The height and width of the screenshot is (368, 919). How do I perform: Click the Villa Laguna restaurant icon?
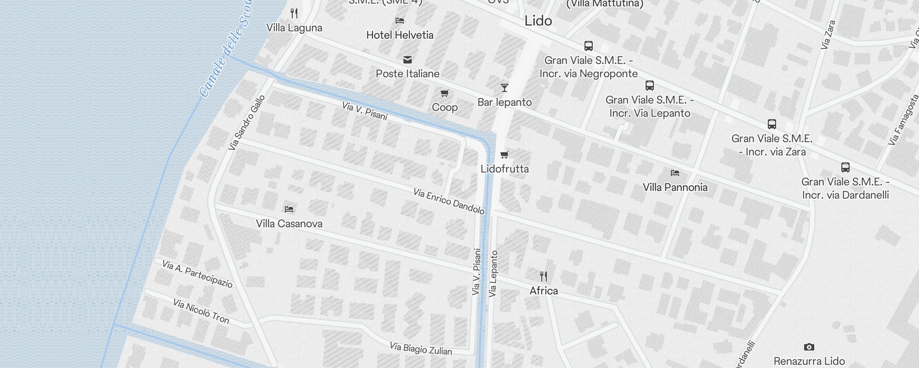pos(294,13)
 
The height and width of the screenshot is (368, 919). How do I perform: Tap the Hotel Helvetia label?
pos(400,35)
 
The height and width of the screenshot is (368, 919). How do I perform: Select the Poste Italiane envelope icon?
pos(407,60)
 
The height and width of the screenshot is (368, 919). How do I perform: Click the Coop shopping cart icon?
pos(444,93)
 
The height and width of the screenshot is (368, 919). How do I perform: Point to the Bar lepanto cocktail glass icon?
pos(505,87)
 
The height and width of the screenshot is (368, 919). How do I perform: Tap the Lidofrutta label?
pos(505,169)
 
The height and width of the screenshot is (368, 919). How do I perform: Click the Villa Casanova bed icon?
pos(289,209)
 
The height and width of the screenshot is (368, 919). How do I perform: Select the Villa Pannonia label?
pos(675,187)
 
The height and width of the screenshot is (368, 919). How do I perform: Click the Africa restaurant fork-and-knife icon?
pos(544,276)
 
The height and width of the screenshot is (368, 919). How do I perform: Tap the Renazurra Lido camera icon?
pos(809,347)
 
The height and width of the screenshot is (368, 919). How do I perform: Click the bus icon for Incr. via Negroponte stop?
pos(589,46)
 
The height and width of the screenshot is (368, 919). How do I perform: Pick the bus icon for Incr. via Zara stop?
pos(772,124)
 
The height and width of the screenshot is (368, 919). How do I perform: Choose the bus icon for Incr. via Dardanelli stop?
pos(845,167)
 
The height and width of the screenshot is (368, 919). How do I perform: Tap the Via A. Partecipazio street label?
pos(198,274)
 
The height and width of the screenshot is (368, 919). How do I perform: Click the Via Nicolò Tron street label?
pos(201,311)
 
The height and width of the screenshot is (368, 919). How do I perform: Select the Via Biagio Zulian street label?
pos(421,348)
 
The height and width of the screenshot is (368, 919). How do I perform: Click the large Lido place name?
pos(538,21)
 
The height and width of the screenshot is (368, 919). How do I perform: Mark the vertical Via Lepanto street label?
pos(493,274)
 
